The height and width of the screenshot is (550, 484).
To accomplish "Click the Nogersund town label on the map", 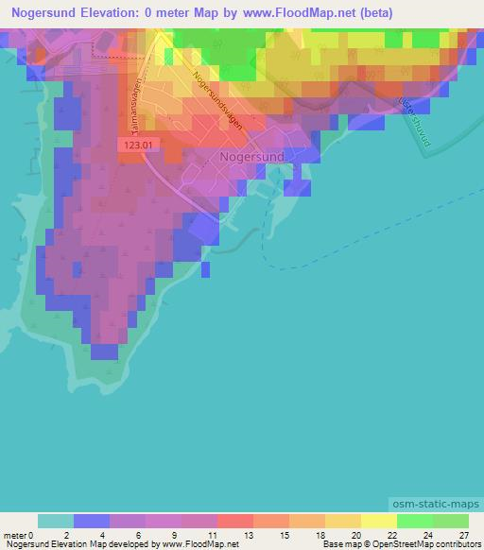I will [251, 159].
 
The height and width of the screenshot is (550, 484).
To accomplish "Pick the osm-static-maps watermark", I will [436, 506].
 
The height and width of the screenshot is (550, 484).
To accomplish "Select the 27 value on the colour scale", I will [462, 534].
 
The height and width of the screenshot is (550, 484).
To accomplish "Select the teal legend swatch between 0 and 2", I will [56, 521].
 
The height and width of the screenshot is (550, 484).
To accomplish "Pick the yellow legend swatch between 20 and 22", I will [379, 521].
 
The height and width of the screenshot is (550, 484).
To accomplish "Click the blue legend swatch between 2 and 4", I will [92, 521].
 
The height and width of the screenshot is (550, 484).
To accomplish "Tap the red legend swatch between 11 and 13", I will [235, 521].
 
